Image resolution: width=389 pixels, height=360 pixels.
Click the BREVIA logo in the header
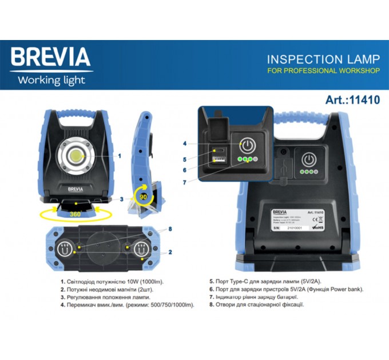50,57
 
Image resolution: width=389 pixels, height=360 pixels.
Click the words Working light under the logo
51,80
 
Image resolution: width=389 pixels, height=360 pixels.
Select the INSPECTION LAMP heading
323,59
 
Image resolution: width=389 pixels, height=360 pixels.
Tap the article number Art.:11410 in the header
352,99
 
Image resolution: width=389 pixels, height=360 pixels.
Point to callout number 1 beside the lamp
119,155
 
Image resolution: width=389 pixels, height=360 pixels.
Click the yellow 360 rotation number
74,214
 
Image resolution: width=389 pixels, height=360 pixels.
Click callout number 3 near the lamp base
122,199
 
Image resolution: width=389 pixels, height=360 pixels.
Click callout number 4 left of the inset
185,143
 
